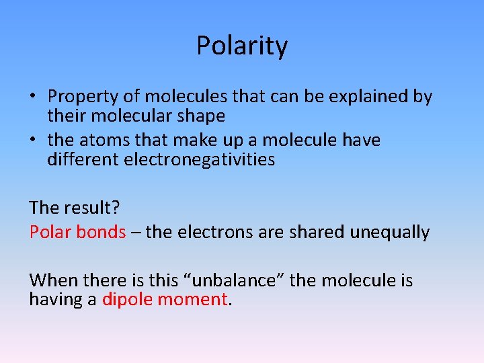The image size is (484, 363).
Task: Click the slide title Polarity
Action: [x=242, y=46]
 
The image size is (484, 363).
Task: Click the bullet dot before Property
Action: [x=33, y=97]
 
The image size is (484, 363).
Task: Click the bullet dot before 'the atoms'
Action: [x=33, y=140]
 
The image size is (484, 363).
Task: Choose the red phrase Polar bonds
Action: [x=77, y=232]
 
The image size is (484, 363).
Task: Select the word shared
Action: [x=318, y=232]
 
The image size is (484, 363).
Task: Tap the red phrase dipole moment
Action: [x=165, y=299]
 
